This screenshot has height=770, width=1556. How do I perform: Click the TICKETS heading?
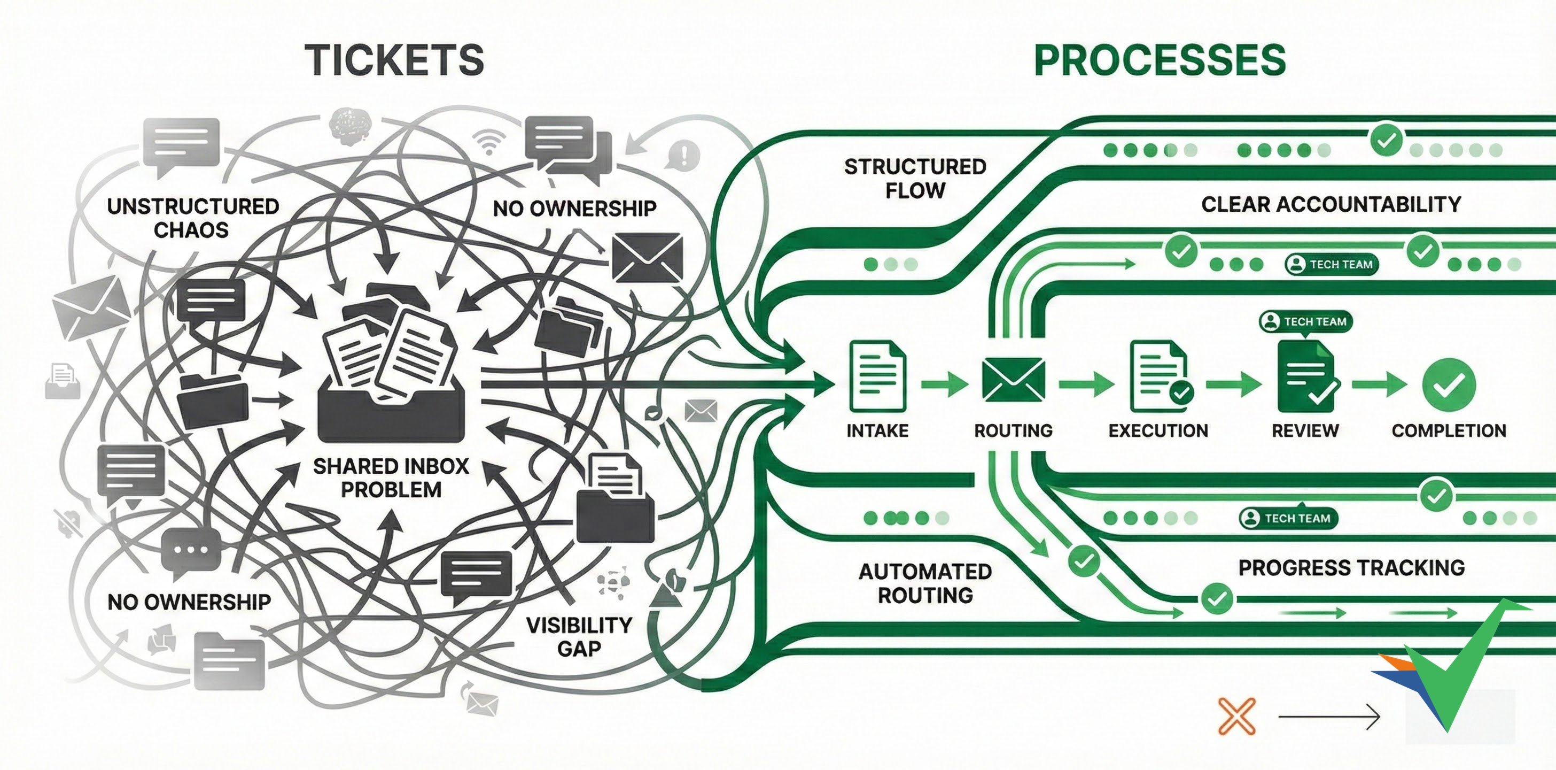tap(394, 60)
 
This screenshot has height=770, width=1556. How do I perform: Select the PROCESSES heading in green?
tap(1160, 60)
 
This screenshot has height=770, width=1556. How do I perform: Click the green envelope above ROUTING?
tap(1013, 380)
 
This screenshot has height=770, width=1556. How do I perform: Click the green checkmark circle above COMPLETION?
tap(1449, 384)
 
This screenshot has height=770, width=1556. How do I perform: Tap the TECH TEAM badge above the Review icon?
tap(1306, 321)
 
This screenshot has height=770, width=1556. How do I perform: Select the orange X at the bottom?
tap(1236, 716)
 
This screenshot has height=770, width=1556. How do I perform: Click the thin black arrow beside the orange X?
tap(1329, 717)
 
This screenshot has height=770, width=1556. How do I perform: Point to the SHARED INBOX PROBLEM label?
tap(391, 478)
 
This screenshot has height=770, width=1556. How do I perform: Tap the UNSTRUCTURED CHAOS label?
tap(192, 218)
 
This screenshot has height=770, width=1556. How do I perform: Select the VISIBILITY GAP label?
tap(579, 636)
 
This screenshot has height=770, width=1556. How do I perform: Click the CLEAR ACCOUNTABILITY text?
tap(1331, 204)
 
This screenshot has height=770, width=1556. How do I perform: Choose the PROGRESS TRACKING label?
tap(1351, 567)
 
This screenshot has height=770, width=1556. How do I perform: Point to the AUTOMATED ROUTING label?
tap(925, 583)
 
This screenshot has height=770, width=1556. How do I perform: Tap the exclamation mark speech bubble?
tap(683, 155)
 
